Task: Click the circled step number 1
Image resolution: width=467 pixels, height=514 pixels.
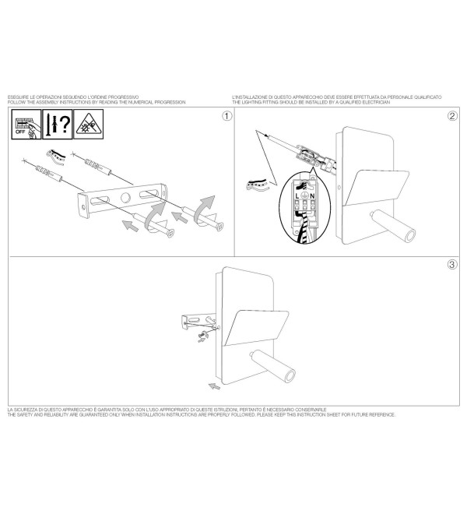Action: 226,116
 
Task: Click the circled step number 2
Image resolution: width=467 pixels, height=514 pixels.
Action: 452,116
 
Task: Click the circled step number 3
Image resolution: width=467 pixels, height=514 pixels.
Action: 452,264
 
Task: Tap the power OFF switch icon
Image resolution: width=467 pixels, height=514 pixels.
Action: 26,125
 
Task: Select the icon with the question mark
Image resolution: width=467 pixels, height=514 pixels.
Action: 58,125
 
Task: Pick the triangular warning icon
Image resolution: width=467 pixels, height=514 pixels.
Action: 89,125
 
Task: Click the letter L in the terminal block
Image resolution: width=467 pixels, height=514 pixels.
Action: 297,195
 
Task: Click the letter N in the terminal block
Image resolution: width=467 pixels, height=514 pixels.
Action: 312,195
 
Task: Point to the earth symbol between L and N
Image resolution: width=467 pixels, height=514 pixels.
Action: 304,195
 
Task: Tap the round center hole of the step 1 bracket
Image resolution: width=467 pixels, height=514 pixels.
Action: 125,197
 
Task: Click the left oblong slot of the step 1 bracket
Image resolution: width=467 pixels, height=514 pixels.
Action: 100,201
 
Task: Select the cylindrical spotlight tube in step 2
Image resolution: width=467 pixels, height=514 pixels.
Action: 393,225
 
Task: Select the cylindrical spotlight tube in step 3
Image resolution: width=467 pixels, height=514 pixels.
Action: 273,366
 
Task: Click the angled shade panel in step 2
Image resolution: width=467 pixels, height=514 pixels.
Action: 377,188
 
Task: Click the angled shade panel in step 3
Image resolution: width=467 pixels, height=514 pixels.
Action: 256,327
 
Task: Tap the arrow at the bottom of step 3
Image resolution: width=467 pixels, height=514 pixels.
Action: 214,386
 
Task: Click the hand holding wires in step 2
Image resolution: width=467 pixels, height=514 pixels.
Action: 257,185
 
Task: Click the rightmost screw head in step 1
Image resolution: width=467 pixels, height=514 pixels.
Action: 220,226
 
